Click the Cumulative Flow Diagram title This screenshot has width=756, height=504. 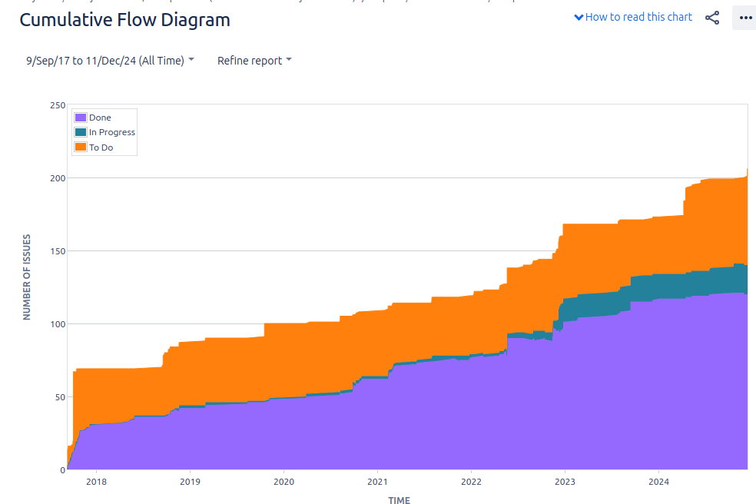click(124, 20)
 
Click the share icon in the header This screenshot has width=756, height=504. click(712, 18)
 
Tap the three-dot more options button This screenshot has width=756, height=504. click(744, 18)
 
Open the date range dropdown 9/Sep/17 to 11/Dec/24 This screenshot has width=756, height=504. click(110, 61)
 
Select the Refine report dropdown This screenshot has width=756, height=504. click(254, 61)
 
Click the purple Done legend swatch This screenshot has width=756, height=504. click(80, 118)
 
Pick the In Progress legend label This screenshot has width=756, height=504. click(111, 132)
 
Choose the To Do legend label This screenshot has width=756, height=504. click(101, 148)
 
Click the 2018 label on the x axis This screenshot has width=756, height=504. click(96, 482)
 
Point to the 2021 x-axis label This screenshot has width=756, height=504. click(377, 482)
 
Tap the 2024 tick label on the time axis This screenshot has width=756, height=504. click(658, 482)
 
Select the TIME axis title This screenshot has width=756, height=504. click(399, 500)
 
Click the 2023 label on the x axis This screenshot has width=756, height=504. click(565, 482)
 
